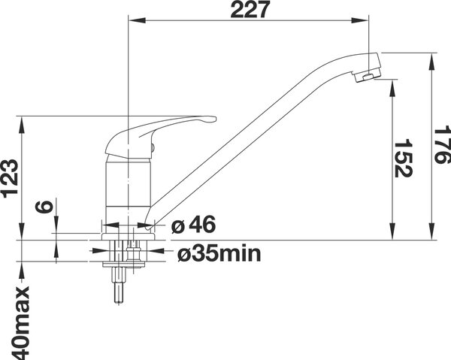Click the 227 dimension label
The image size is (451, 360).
[x=250, y=10]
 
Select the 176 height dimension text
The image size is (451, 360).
[x=442, y=144]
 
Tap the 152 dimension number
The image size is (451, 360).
[x=403, y=158]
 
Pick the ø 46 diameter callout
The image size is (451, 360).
[x=193, y=225]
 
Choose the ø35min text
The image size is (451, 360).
[x=219, y=253]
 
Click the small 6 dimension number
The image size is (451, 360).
[x=44, y=207]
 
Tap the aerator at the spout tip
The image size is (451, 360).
[x=368, y=77]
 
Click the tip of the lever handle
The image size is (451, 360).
[x=214, y=119]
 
